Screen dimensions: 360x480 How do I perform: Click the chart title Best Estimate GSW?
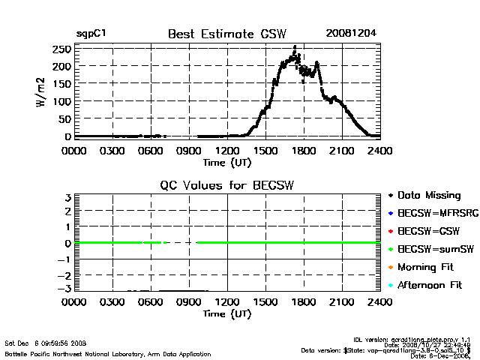click(227, 34)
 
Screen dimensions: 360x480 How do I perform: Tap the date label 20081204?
click(351, 34)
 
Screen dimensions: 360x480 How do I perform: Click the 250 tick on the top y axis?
click(62, 49)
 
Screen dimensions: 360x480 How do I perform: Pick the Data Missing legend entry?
click(428, 196)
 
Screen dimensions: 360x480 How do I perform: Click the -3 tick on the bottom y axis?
click(66, 289)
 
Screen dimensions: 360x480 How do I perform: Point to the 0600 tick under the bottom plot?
click(151, 302)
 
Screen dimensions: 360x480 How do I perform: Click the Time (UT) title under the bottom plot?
click(227, 313)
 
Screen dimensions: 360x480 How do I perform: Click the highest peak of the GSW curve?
click(295, 47)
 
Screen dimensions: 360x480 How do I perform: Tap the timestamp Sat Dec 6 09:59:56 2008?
click(46, 343)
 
